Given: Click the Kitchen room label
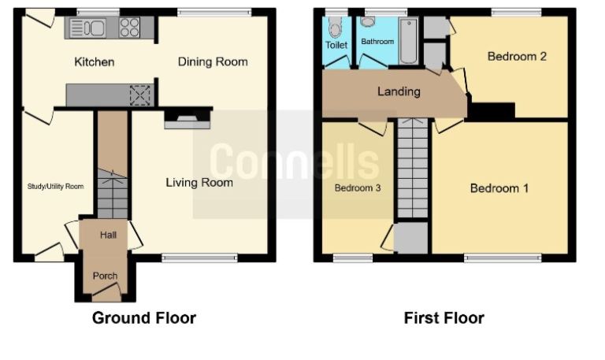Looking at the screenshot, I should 95,62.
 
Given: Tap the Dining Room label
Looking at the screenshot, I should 212,62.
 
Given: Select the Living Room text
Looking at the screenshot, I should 199,183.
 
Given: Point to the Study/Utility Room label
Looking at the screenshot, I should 53,187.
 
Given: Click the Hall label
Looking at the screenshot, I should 108,235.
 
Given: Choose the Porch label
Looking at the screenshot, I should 106,276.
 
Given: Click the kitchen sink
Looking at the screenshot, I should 87,28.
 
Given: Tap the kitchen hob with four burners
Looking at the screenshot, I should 130,28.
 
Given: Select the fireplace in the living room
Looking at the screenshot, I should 187,119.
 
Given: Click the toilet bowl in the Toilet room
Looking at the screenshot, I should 337,29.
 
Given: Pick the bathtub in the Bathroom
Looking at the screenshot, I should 409,41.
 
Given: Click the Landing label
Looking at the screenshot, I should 399,91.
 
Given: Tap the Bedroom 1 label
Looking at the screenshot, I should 499,188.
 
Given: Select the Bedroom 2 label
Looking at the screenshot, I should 517,56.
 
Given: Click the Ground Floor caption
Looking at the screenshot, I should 144,318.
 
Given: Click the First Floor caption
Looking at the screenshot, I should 444,318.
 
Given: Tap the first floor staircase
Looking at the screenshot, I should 412,169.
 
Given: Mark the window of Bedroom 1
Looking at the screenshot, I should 502,258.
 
